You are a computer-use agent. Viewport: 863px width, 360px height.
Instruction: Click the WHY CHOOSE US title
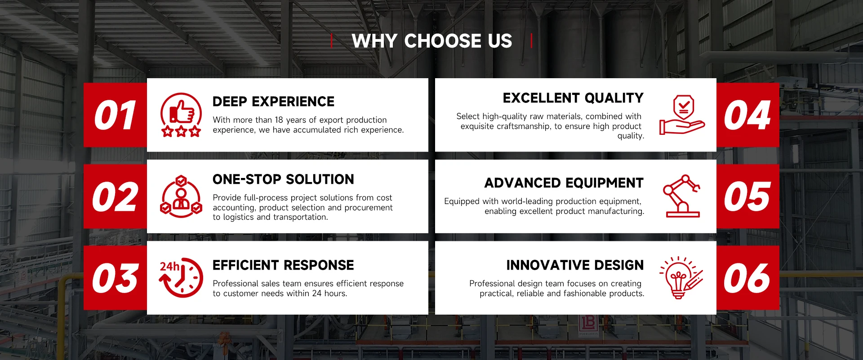pyautogui.click(x=432, y=41)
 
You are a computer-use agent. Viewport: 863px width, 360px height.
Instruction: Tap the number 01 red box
pyautogui.click(x=116, y=115)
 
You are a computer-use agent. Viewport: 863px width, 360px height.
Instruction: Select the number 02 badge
pyautogui.click(x=116, y=196)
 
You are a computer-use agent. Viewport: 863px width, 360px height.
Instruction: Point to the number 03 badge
pyautogui.click(x=116, y=278)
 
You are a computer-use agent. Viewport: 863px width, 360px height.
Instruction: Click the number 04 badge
pyautogui.click(x=747, y=115)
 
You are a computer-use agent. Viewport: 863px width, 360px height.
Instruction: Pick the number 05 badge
pyautogui.click(x=747, y=196)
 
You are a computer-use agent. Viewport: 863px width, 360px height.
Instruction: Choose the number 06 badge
pyautogui.click(x=747, y=278)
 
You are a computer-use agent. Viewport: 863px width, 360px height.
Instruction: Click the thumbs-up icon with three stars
pyautogui.click(x=181, y=115)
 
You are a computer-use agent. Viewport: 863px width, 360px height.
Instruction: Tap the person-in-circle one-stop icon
pyautogui.click(x=181, y=196)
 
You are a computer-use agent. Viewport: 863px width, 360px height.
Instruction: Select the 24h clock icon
pyautogui.click(x=181, y=278)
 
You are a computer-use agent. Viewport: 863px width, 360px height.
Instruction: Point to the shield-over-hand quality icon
pyautogui.click(x=682, y=115)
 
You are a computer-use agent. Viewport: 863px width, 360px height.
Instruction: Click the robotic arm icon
pyautogui.click(x=682, y=196)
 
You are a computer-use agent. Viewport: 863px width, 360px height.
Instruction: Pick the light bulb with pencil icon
pyautogui.click(x=681, y=277)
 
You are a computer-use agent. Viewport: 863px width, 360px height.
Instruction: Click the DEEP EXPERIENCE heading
pyautogui.click(x=273, y=102)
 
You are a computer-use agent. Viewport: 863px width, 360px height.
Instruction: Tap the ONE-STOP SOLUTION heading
pyautogui.click(x=283, y=179)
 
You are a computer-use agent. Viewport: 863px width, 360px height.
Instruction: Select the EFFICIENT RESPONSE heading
pyautogui.click(x=283, y=265)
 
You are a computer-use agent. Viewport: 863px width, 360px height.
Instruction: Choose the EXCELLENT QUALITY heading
pyautogui.click(x=573, y=98)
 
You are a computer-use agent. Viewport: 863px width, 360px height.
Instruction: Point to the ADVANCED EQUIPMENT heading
pyautogui.click(x=564, y=183)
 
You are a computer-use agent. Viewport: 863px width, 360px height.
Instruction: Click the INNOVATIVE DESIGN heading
pyautogui.click(x=575, y=265)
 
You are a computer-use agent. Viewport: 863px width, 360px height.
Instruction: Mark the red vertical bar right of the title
pyautogui.click(x=531, y=40)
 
